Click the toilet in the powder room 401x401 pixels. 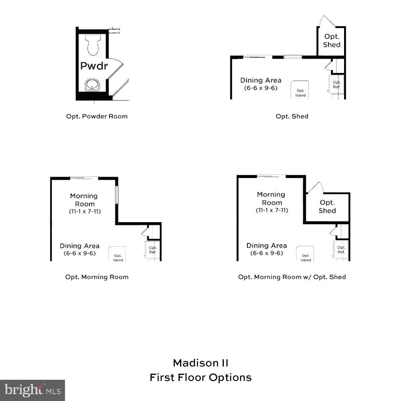93,45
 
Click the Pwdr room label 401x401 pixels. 94,66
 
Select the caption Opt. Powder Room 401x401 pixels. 97,116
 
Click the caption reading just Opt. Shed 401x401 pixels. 292,116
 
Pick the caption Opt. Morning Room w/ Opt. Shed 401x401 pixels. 292,277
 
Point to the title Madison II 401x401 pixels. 200,363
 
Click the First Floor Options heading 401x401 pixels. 200,377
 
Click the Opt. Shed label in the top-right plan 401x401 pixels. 332,40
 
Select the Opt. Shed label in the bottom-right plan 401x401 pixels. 327,207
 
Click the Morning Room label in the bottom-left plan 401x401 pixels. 84,200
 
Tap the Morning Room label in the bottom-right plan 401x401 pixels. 271,198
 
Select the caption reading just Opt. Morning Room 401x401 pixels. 97,277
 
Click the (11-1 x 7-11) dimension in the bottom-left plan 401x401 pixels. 84,211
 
